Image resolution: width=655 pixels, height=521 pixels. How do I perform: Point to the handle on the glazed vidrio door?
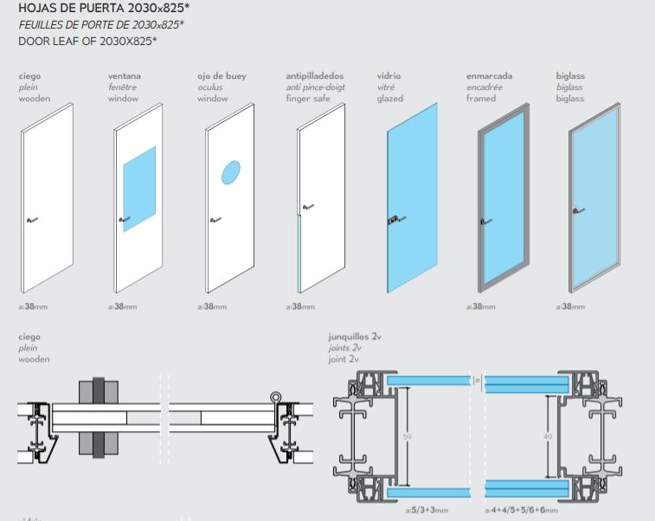(395, 220)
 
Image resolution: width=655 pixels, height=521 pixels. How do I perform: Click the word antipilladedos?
(315, 76)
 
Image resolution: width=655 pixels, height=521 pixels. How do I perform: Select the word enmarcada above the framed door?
(489, 76)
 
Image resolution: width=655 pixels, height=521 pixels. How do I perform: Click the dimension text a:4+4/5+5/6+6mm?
(522, 511)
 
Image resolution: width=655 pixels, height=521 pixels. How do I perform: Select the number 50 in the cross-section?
(408, 437)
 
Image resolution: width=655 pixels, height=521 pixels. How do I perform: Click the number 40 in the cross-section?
(547, 437)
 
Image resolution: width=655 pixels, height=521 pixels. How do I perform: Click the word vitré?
(386, 87)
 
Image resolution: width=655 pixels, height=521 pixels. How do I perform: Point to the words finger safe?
(304, 99)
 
